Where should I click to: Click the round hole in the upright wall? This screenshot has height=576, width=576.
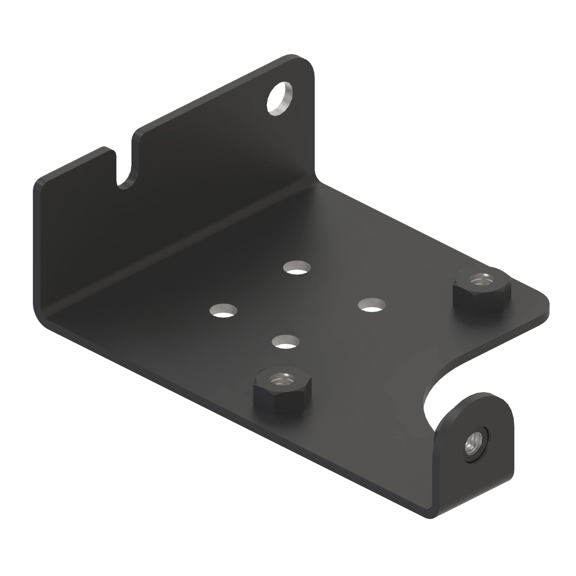[x=279, y=98]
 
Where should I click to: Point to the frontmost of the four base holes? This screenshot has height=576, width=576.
[x=286, y=342]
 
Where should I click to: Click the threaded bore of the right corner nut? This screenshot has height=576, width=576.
[x=481, y=280]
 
